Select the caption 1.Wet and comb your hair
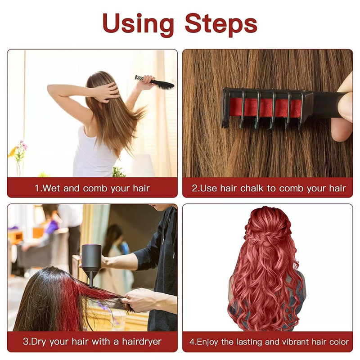(x=92, y=188)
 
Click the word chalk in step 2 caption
(x=252, y=188)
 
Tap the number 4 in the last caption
(x=192, y=342)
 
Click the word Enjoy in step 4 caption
(x=208, y=342)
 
